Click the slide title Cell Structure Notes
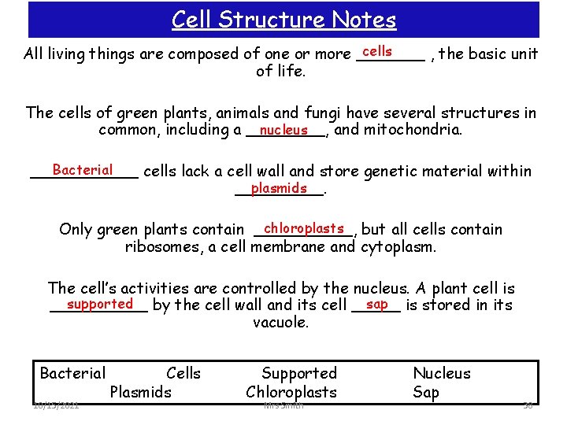pyautogui.click(x=283, y=19)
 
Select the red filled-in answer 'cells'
pyautogui.click(x=377, y=51)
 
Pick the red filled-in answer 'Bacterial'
pyautogui.click(x=82, y=170)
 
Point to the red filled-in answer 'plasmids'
pyautogui.click(x=279, y=188)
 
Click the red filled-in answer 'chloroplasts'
pyautogui.click(x=305, y=228)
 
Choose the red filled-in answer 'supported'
pyautogui.click(x=100, y=304)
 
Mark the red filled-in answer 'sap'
pyautogui.click(x=377, y=304)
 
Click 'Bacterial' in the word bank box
pyautogui.click(x=72, y=373)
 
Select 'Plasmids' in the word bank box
pyautogui.click(x=141, y=392)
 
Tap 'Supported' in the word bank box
pyautogui.click(x=298, y=373)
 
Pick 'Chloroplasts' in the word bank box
pyautogui.click(x=291, y=392)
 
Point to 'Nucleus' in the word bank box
pyautogui.click(x=442, y=373)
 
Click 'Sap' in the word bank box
pyautogui.click(x=426, y=392)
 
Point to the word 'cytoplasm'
pyautogui.click(x=398, y=247)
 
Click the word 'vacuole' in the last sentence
pyautogui.click(x=280, y=323)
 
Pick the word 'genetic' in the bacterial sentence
pyautogui.click(x=379, y=171)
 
